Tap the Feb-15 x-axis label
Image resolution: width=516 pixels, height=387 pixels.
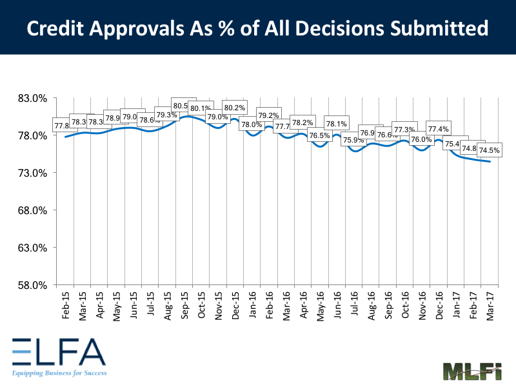click(65, 304)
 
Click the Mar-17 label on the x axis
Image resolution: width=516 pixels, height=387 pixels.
click(490, 304)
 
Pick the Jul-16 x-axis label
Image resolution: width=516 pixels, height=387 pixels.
click(353, 304)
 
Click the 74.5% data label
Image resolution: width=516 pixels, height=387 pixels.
click(488, 151)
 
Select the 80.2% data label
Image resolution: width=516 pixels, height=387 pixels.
click(233, 108)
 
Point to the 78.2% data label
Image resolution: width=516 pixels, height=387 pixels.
click(302, 123)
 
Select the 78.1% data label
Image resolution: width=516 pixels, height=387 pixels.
click(336, 124)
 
